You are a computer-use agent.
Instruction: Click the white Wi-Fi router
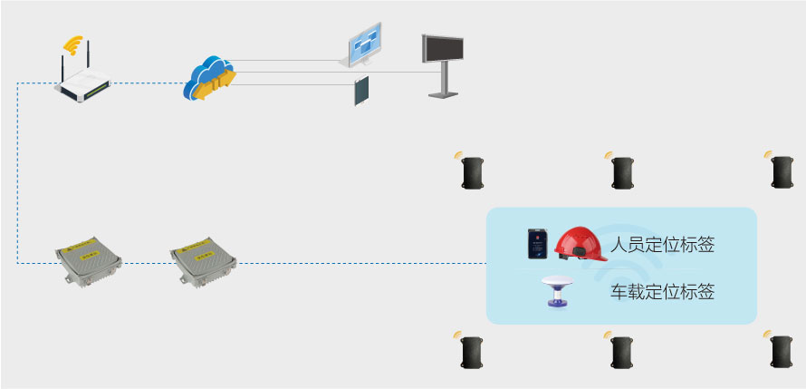[83, 85]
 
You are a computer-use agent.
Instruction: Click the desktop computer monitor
[368, 47]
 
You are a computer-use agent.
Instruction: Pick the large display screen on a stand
[443, 49]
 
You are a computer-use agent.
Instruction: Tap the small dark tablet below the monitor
[362, 91]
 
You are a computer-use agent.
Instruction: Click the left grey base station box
[88, 262]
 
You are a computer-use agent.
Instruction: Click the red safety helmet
[581, 244]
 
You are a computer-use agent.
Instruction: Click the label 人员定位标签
[662, 245]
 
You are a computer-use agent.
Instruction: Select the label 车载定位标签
[662, 292]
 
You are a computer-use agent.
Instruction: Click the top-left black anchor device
[473, 172]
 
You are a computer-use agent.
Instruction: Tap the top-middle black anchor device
[622, 172]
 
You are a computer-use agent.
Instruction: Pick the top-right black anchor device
[782, 171]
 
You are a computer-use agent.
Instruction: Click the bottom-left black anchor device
[473, 352]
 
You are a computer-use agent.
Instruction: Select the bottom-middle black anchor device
[622, 352]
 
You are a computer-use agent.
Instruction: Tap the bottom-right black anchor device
[782, 352]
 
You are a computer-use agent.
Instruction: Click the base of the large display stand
[443, 93]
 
